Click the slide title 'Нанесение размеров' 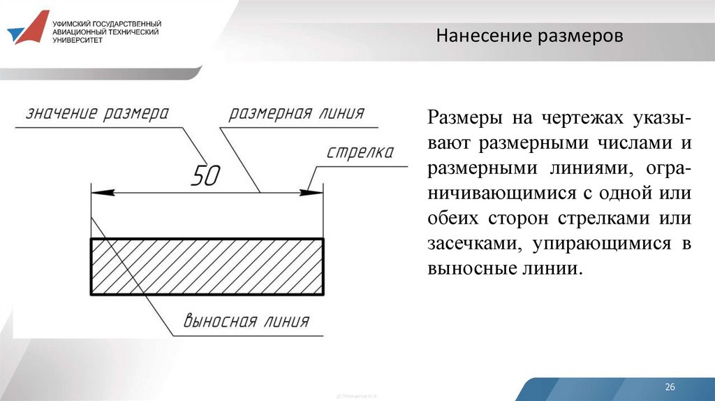click(x=529, y=36)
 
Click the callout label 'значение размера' click(x=98, y=114)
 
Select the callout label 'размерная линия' click(x=297, y=114)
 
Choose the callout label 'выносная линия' click(x=246, y=321)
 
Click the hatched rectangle click(x=207, y=266)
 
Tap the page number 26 click(x=670, y=387)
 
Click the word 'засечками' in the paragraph click(x=474, y=243)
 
